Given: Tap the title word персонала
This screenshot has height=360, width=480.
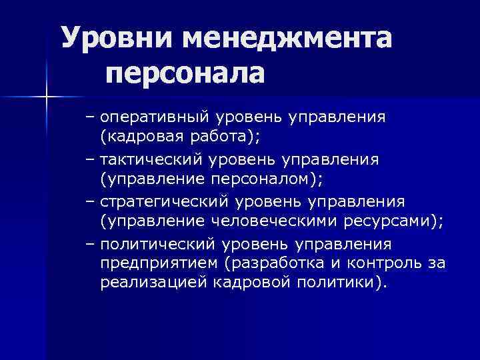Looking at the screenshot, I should pos(185,72).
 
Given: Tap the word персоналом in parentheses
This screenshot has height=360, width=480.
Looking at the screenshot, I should pos(247,180).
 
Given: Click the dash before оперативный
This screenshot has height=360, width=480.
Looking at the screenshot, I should pos(91,118).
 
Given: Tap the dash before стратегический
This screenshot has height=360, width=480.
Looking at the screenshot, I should pos(91,201).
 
